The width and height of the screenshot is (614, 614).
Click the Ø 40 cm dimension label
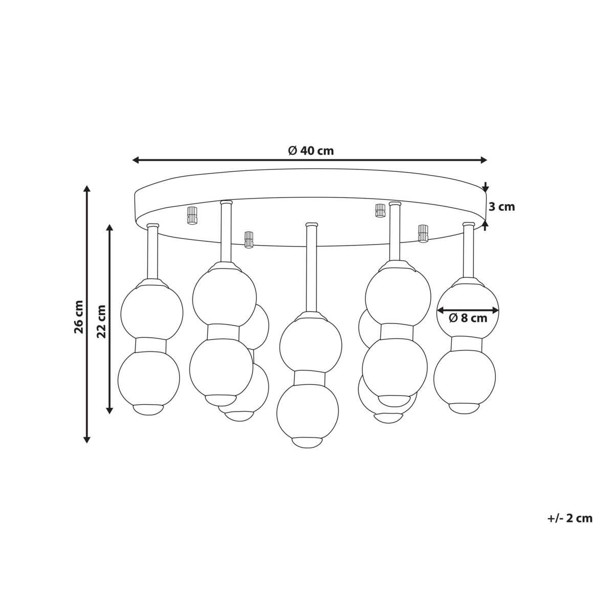click(311, 150)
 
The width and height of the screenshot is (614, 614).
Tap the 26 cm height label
click(79, 317)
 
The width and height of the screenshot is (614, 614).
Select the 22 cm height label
click(101, 321)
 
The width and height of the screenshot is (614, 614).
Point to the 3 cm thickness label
click(502, 207)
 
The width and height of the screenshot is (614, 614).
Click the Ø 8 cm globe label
click(468, 318)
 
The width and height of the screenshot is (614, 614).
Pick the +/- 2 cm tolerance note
click(570, 528)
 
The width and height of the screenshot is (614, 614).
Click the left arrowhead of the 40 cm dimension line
click(136, 160)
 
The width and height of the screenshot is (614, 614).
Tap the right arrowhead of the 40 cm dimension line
click(484, 160)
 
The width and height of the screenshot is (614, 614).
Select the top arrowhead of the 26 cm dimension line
click(86, 188)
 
